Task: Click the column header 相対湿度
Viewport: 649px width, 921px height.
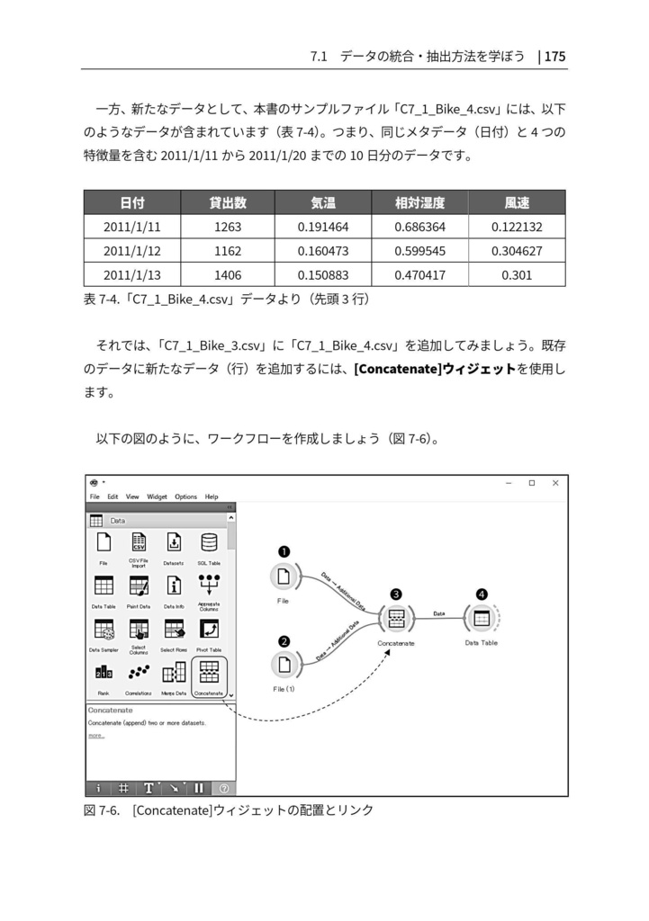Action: click(x=419, y=202)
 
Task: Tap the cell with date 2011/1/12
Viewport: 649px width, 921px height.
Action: click(x=131, y=251)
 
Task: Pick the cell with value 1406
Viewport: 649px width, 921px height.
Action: click(x=228, y=275)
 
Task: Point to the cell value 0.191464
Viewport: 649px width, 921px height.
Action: click(x=323, y=227)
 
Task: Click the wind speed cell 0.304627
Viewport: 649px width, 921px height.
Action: click(x=517, y=251)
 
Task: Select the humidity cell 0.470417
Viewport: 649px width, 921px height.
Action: click(x=419, y=275)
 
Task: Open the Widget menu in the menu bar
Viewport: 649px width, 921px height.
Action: click(x=157, y=496)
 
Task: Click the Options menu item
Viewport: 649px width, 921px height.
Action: click(x=185, y=496)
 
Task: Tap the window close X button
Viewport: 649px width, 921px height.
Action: click(x=555, y=483)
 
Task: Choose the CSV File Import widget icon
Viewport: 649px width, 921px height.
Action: click(x=139, y=543)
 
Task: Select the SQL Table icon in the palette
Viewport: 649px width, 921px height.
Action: click(x=209, y=543)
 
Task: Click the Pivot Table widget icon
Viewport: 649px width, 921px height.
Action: click(x=209, y=630)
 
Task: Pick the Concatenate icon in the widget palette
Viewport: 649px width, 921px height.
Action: click(x=209, y=674)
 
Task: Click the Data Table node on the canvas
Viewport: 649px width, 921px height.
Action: click(x=482, y=619)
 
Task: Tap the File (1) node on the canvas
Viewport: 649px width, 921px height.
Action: click(x=284, y=665)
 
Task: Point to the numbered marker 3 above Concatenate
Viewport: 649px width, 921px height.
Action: click(x=395, y=595)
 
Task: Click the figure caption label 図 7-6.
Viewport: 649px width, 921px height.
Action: click(x=102, y=809)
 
